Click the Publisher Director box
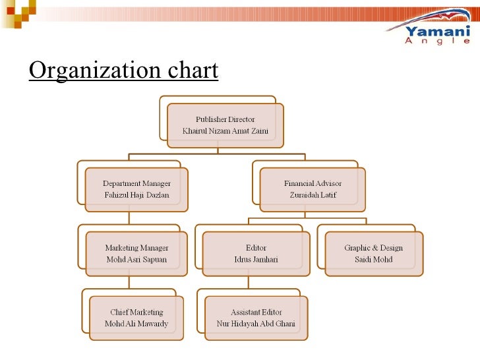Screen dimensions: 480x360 pyautogui.click(x=225, y=125)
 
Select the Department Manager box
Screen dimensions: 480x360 pyautogui.click(x=136, y=189)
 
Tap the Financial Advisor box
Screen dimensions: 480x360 pyautogui.click(x=313, y=189)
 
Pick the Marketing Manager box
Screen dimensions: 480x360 pyautogui.click(x=136, y=254)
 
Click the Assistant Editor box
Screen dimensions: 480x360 pyautogui.click(x=256, y=318)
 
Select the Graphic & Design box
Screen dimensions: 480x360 pyautogui.click(x=373, y=254)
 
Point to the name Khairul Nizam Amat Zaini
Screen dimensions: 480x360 pyautogui.click(x=225, y=131)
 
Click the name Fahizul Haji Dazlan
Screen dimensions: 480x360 pyautogui.click(x=136, y=195)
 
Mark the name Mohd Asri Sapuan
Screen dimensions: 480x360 pyautogui.click(x=136, y=260)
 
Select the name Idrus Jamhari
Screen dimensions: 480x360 pyautogui.click(x=256, y=260)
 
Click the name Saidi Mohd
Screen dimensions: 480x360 pyautogui.click(x=373, y=260)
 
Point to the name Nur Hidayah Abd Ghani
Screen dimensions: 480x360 pyautogui.click(x=256, y=324)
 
